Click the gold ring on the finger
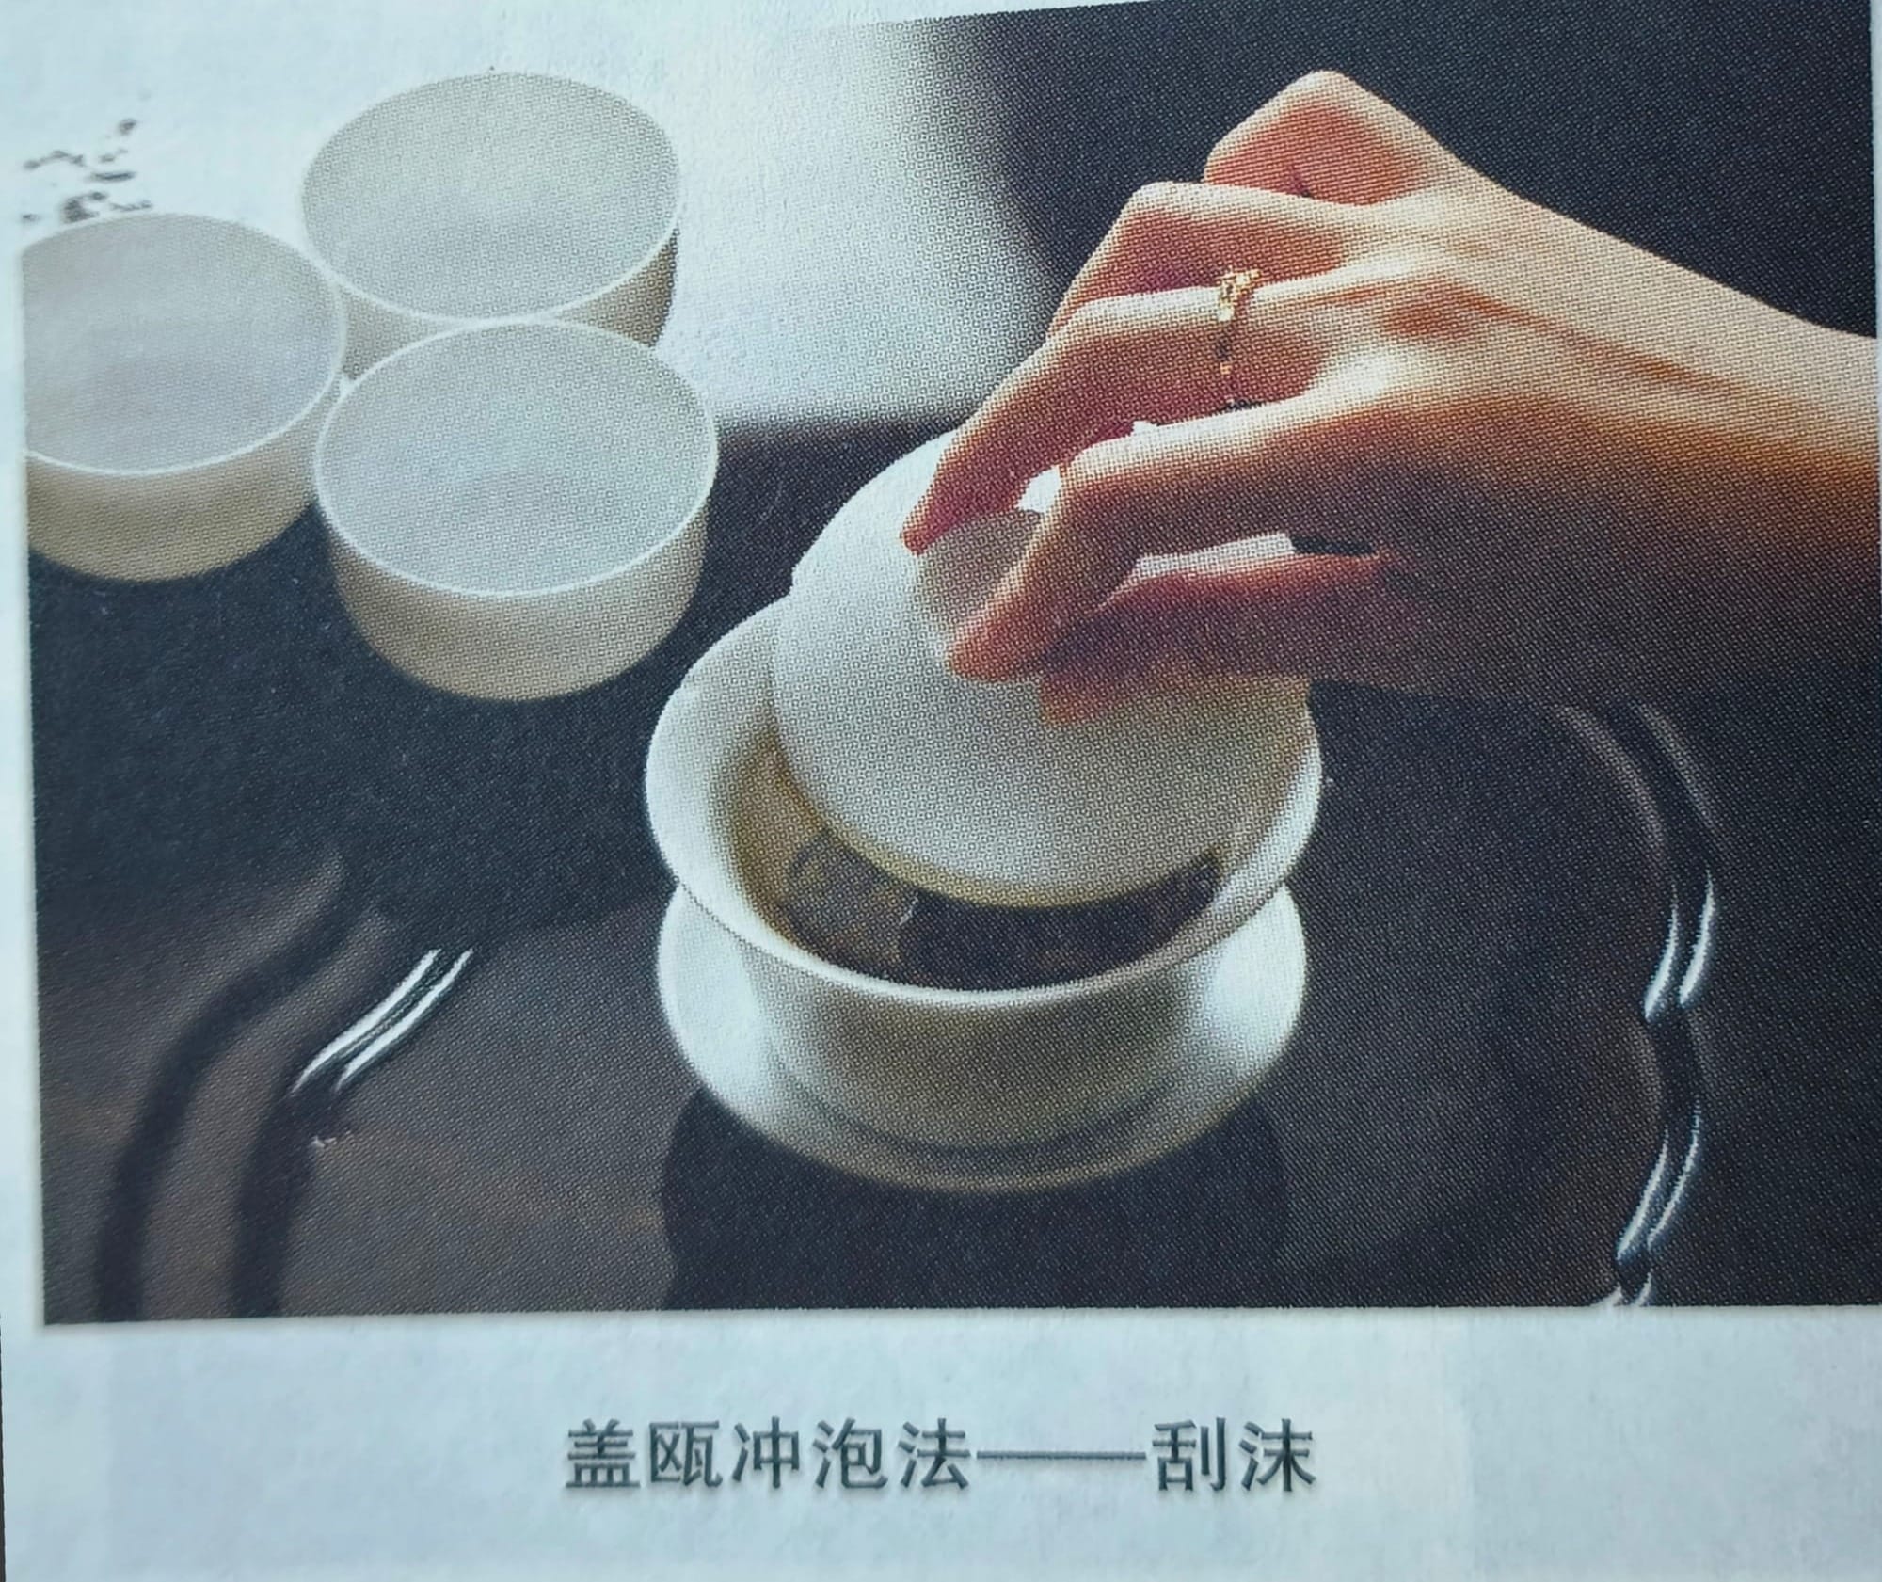tap(1234, 320)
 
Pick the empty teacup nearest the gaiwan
tap(513, 508)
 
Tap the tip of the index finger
tap(917, 536)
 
